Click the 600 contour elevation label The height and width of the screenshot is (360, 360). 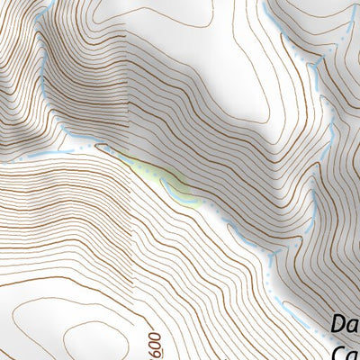156,343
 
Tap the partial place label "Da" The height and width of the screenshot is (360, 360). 345,324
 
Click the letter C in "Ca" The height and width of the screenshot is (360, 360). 338,351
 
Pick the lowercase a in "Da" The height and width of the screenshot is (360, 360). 353,326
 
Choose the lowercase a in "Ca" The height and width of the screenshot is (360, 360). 353,353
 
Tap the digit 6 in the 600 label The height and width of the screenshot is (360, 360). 156,350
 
